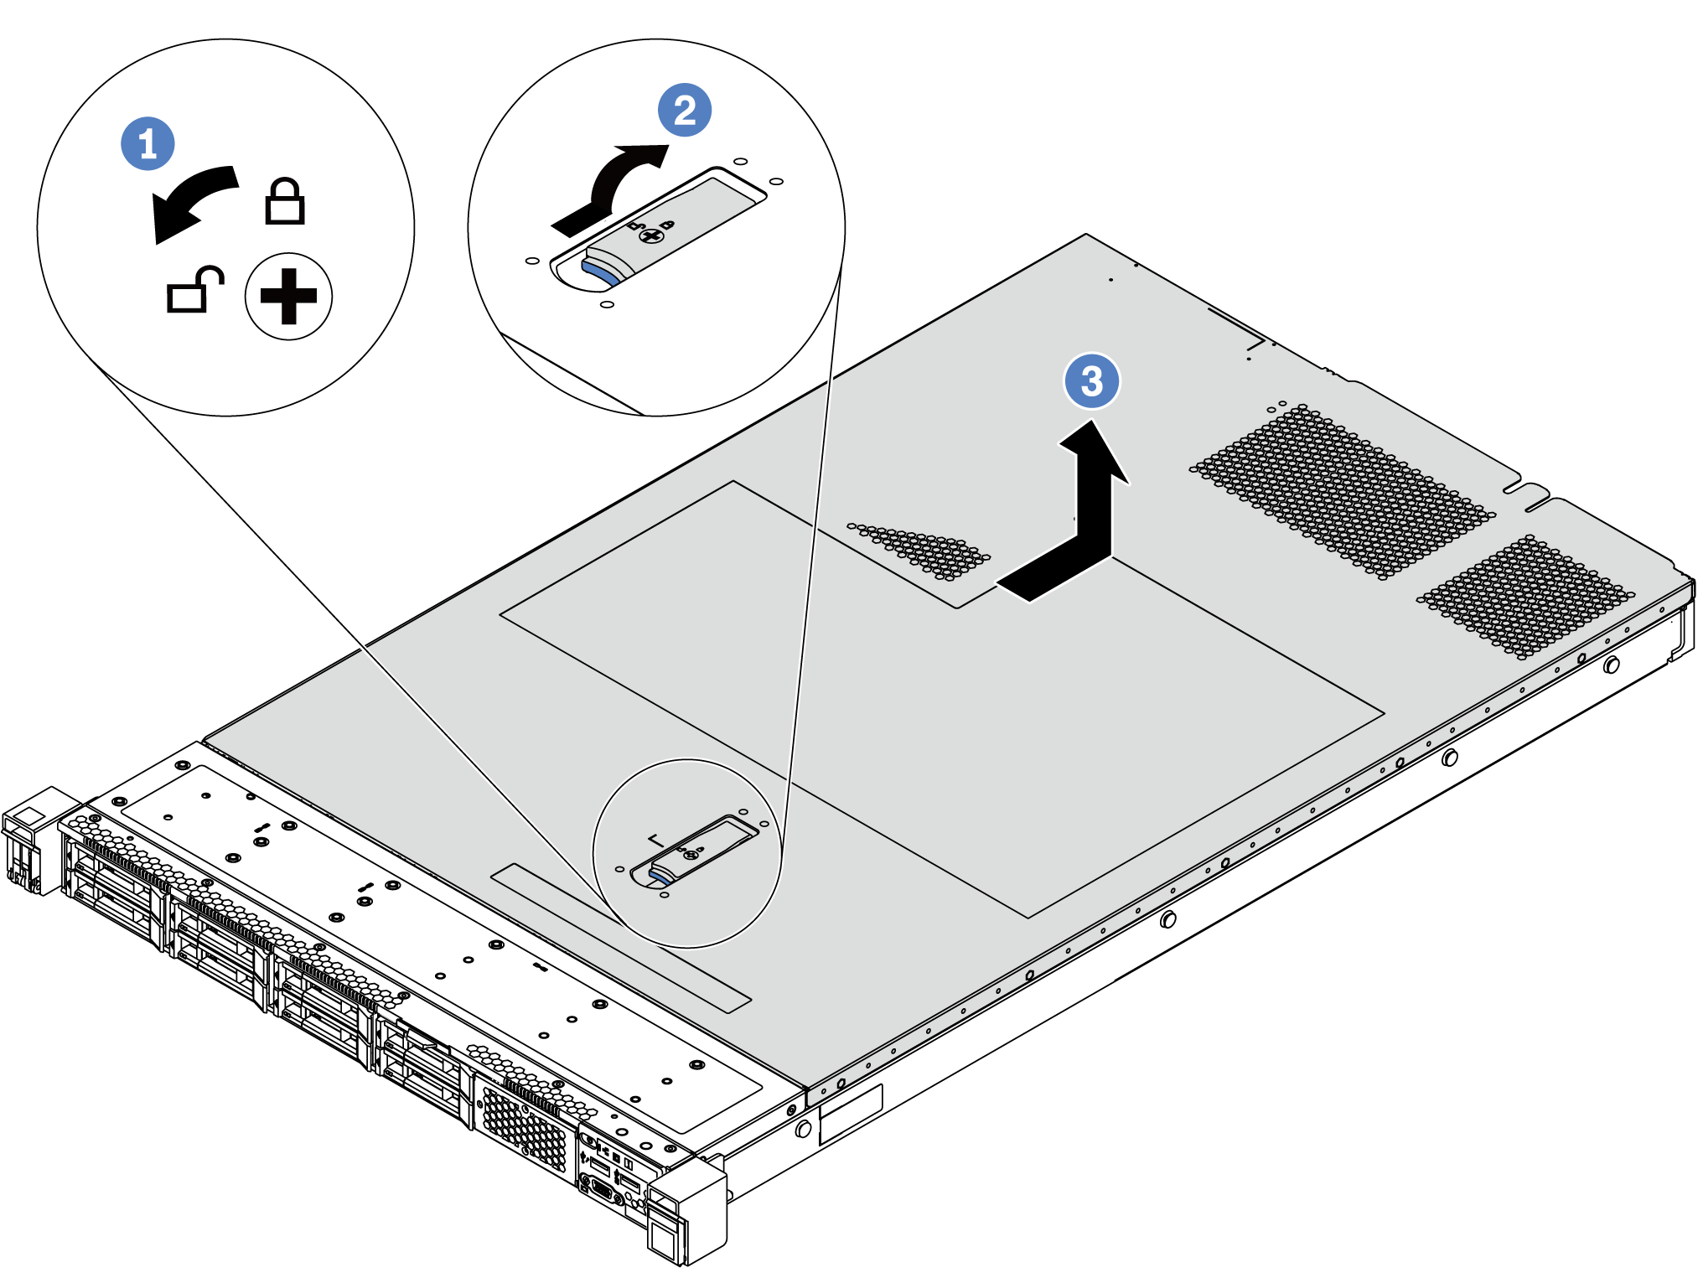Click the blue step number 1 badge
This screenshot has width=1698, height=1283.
pos(148,143)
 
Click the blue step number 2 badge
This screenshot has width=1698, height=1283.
pos(684,110)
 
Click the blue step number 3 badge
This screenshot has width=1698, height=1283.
pos(1091,381)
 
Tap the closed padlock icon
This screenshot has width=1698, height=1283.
pos(284,201)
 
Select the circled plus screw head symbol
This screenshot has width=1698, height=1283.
pos(288,296)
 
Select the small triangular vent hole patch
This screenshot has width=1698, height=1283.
pos(922,549)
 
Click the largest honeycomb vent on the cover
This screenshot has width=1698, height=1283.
pos(1341,490)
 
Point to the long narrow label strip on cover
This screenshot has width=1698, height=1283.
pos(620,939)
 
